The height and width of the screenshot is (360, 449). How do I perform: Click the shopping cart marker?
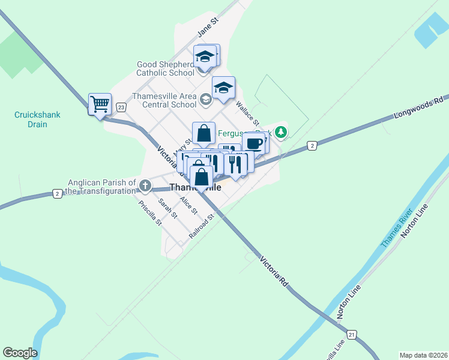[x=100, y=104]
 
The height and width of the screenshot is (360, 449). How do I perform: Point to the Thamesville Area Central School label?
[x=164, y=100]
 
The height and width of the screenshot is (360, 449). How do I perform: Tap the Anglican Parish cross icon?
[x=146, y=186]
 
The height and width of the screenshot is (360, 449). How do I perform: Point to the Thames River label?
[x=397, y=228]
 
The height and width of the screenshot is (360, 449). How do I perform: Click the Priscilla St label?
[x=150, y=212]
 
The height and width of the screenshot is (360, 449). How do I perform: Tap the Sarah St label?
[x=168, y=208]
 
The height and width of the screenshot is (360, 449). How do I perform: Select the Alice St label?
[x=188, y=207]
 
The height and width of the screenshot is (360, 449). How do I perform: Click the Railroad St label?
[x=201, y=226]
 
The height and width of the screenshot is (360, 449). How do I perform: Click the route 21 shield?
[x=352, y=334]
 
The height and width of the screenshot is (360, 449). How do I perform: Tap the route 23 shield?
[x=121, y=107]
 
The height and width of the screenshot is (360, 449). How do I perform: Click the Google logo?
[x=20, y=353]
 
